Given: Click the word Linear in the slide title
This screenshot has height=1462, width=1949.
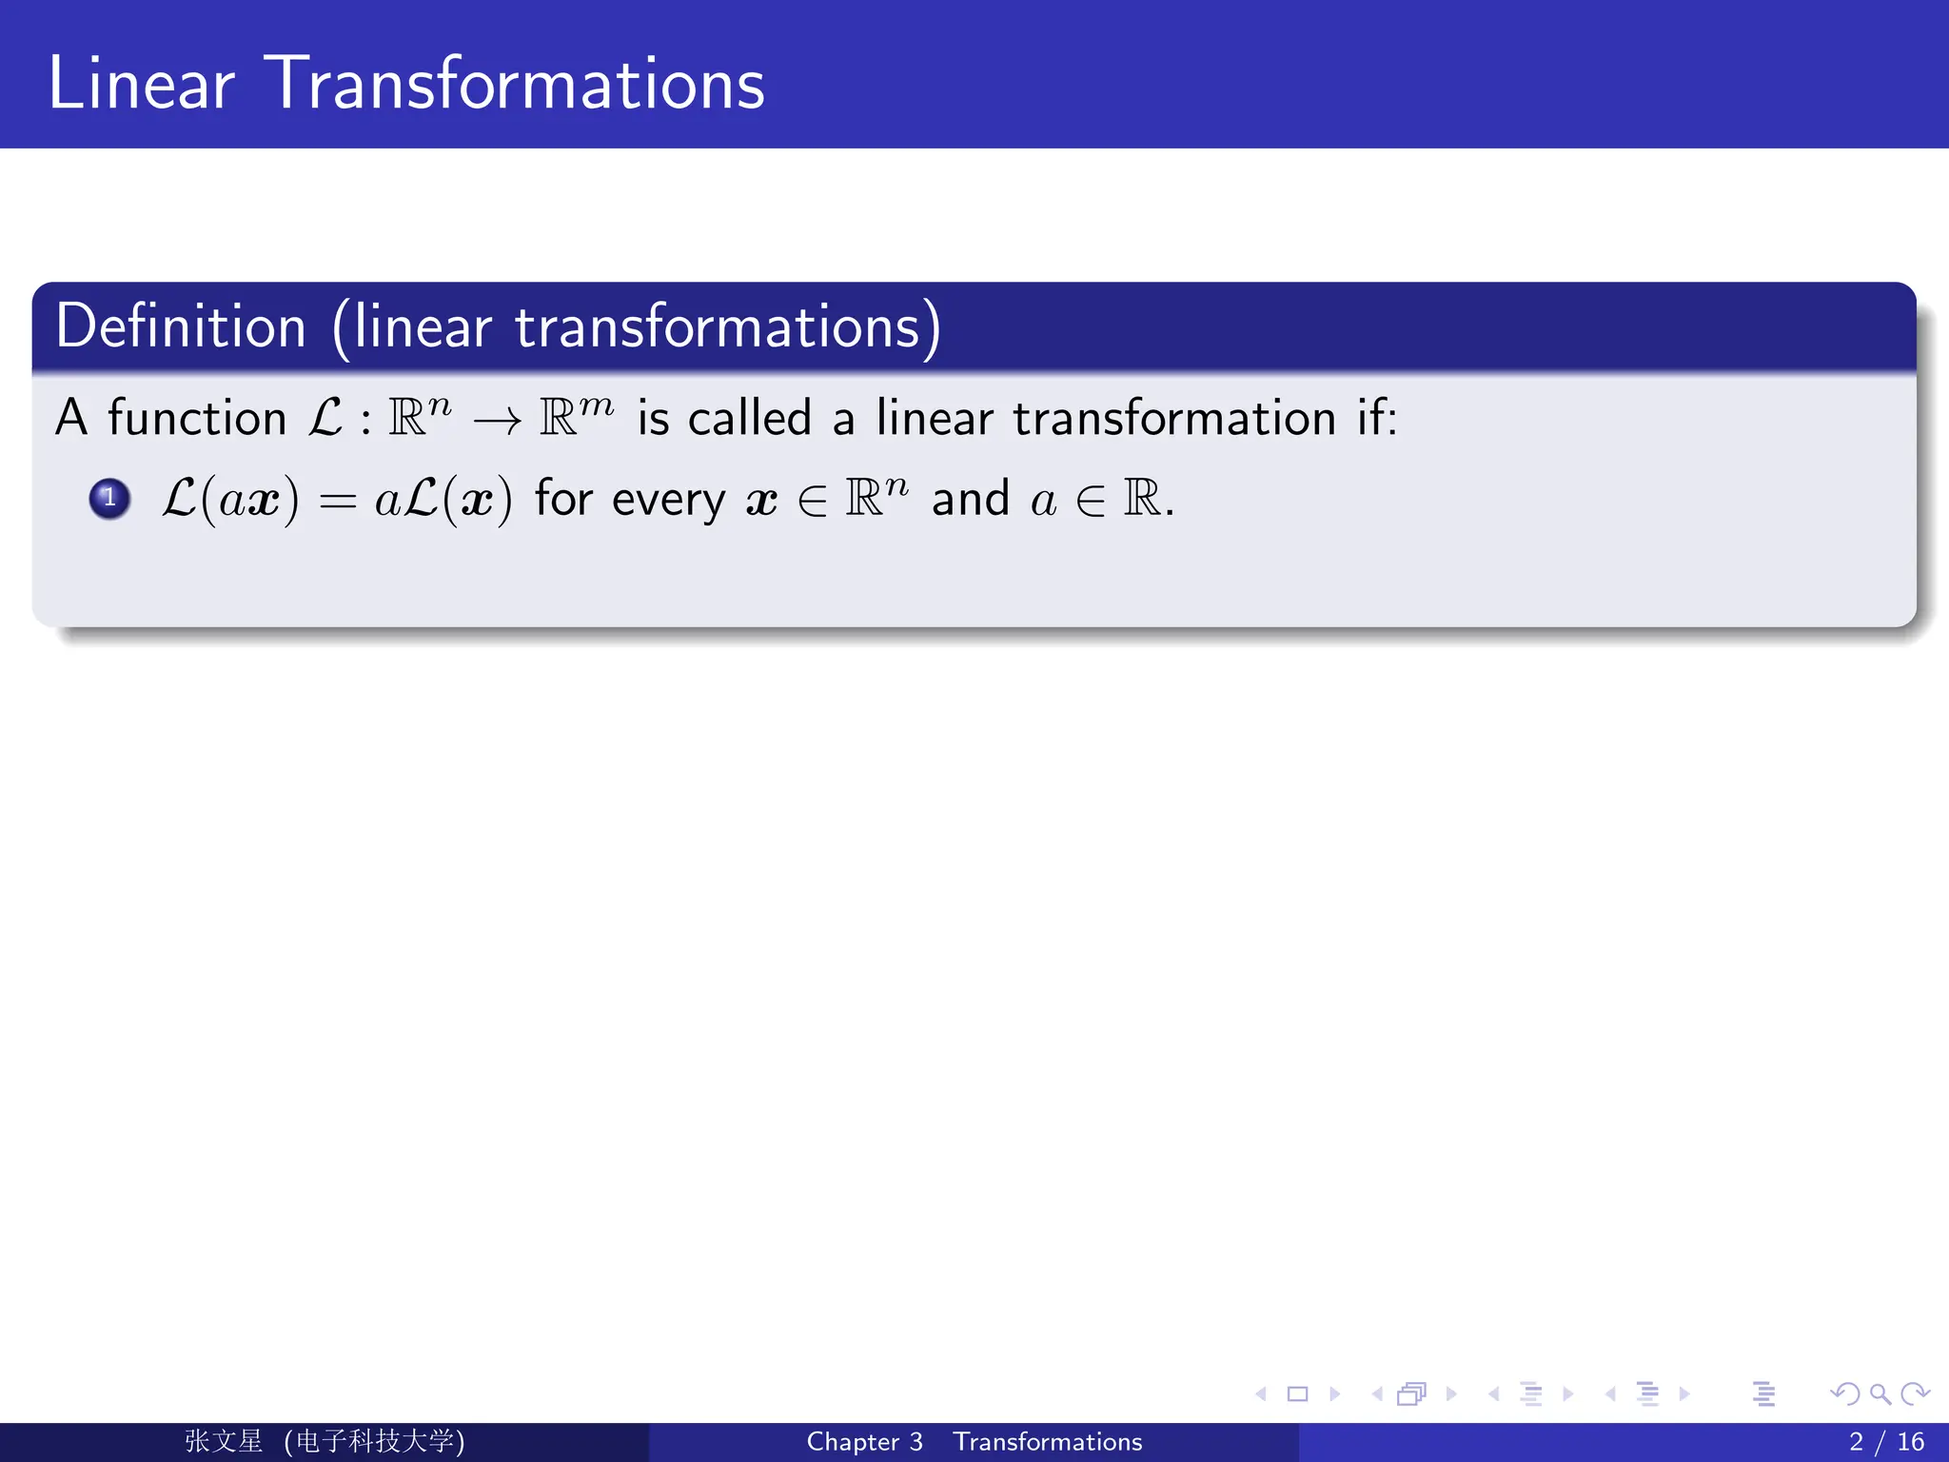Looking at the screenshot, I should (141, 84).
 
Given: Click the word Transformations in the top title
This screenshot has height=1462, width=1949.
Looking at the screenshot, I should (515, 84).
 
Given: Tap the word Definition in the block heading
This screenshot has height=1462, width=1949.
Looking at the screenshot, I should (181, 326).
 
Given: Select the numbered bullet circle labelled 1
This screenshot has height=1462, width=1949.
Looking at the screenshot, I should (109, 498).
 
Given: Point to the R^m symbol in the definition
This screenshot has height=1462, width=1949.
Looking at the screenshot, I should (576, 415).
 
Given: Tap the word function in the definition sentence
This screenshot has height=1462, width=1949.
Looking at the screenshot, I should (197, 419).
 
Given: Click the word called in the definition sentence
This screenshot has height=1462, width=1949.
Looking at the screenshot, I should (749, 419).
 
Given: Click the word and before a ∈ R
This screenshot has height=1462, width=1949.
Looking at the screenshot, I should (970, 500).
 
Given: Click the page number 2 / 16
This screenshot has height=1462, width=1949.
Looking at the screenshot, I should (1886, 1442).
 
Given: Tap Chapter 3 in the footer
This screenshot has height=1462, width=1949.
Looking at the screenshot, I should (864, 1442).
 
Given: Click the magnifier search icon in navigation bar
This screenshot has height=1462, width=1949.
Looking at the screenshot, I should (1880, 1394).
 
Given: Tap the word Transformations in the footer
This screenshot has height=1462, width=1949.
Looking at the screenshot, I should (1047, 1442).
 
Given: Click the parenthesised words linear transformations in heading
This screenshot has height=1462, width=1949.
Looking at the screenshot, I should (637, 326).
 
